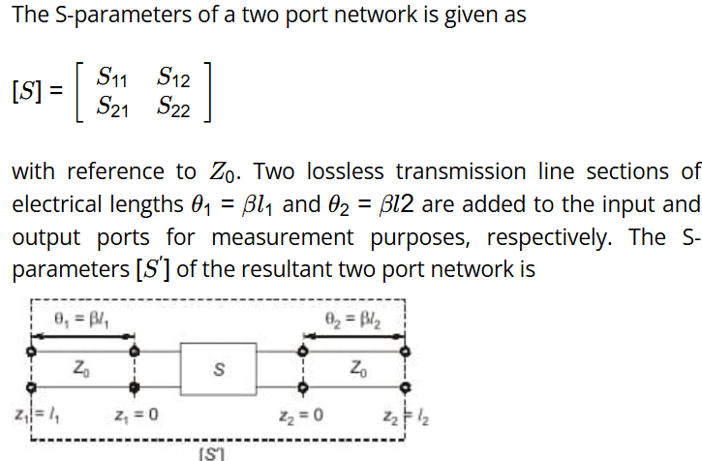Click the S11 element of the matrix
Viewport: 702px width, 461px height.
tap(112, 77)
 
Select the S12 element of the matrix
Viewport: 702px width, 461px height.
tap(173, 77)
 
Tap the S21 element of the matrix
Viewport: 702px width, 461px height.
tap(112, 108)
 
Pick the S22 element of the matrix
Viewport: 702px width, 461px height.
tap(173, 108)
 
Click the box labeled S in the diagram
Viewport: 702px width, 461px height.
tap(219, 369)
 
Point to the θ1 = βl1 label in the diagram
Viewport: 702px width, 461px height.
tap(81, 320)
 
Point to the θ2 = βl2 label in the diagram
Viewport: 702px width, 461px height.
tap(352, 320)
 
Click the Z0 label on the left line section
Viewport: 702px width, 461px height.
tap(81, 369)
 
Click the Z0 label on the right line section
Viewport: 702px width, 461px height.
tap(358, 369)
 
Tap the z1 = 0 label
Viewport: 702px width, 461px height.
tap(137, 415)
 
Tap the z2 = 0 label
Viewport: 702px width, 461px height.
tap(301, 415)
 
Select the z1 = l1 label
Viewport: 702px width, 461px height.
tap(37, 415)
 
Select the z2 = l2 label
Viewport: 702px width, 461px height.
tap(406, 417)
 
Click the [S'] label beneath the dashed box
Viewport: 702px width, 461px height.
tap(211, 454)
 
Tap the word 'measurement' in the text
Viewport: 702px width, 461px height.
tap(283, 237)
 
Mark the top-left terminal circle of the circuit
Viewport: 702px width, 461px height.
tap(31, 352)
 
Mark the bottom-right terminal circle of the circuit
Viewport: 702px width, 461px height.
tap(405, 387)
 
